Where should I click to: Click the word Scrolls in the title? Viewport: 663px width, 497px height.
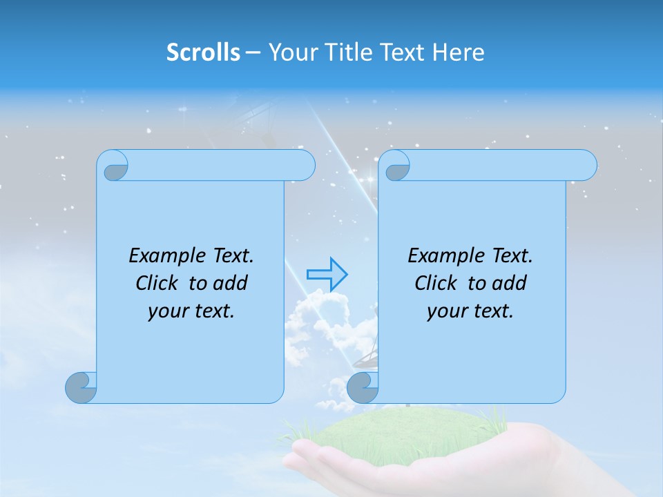pos(203,52)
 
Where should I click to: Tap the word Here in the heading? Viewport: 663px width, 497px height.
pos(459,52)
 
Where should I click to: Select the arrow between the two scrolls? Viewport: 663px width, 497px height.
pos(327,274)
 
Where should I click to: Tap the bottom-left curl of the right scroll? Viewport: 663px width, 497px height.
pos(363,387)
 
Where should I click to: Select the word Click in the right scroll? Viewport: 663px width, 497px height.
pos(436,283)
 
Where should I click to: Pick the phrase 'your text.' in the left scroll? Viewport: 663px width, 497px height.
pos(191,311)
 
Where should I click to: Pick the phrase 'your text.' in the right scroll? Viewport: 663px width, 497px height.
pos(470,311)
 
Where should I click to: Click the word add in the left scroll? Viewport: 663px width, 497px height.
pos(231,283)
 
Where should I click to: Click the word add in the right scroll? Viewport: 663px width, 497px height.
pos(510,283)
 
